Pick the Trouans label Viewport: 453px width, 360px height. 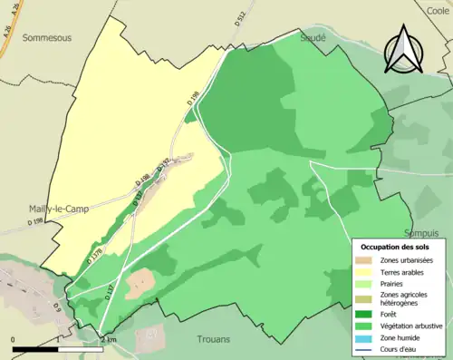click(x=217, y=340)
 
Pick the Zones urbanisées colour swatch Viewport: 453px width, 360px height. click(x=368, y=260)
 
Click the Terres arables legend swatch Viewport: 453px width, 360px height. click(x=368, y=271)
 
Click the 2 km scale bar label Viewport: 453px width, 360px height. click(x=111, y=339)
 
